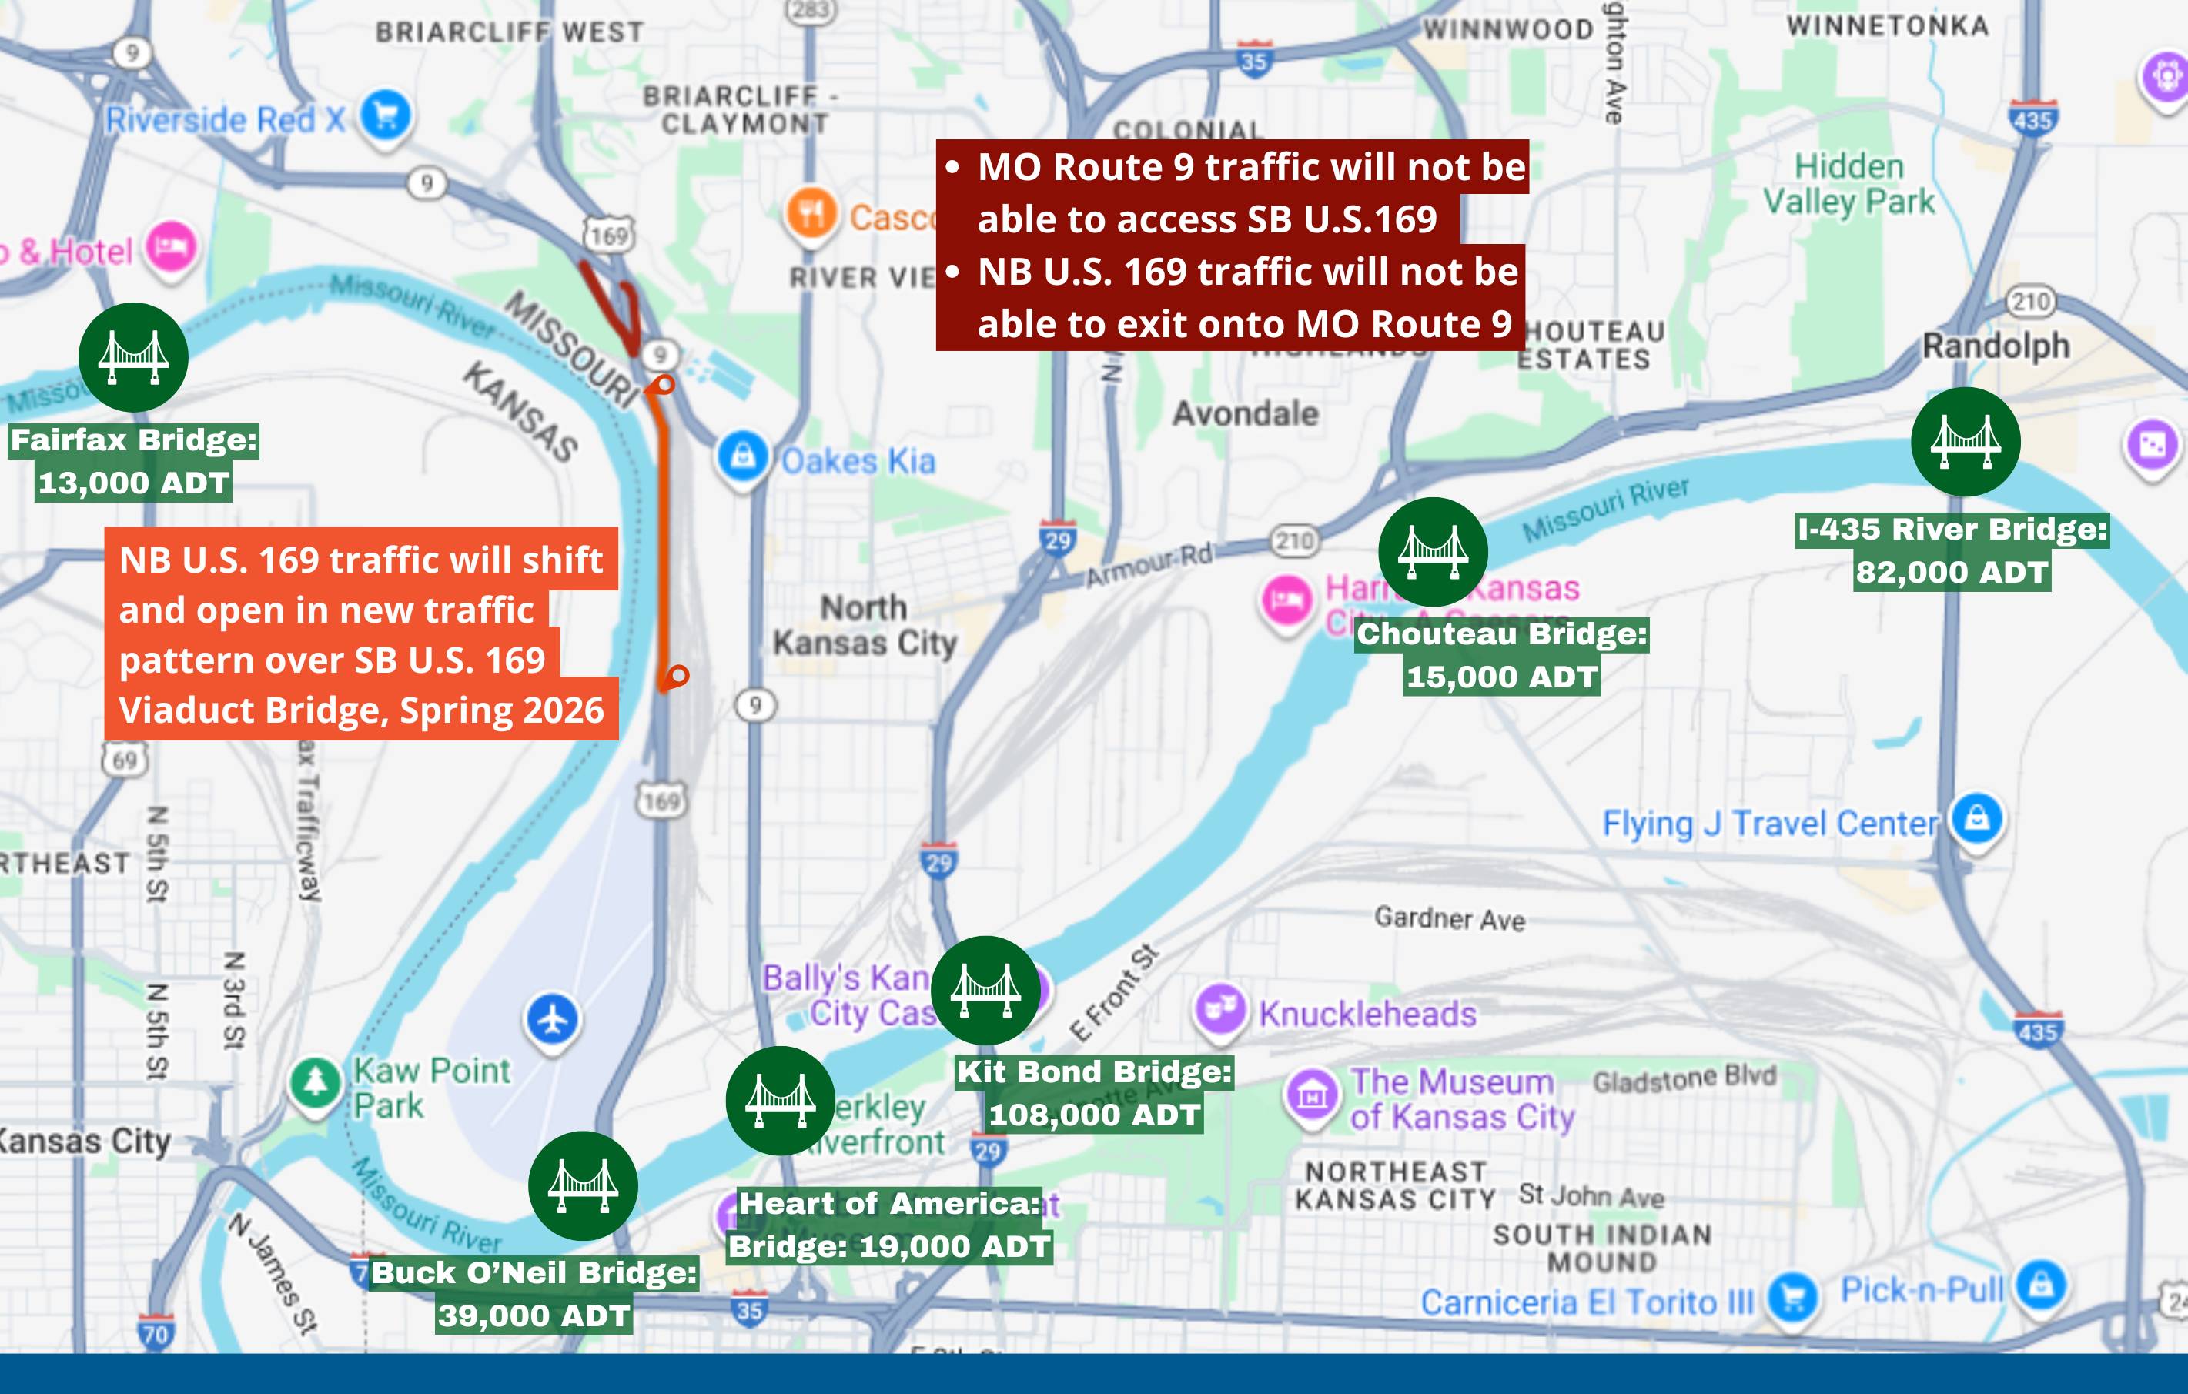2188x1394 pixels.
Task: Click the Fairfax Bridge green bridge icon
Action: point(133,357)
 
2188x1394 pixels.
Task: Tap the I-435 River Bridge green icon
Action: point(1966,442)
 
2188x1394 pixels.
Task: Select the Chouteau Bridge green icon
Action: point(1433,552)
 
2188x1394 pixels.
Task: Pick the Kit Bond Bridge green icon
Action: point(986,991)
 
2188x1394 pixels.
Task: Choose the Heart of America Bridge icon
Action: point(781,1101)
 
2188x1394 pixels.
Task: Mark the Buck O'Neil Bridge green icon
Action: point(584,1186)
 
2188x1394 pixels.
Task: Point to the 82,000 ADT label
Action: point(1952,572)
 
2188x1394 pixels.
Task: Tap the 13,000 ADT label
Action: point(133,483)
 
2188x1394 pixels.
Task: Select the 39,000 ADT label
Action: point(534,1315)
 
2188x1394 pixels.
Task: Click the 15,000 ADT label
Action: point(1501,677)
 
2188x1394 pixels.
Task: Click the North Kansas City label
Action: point(865,625)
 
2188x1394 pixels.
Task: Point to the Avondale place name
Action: point(1245,414)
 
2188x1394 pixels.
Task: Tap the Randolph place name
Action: point(1996,346)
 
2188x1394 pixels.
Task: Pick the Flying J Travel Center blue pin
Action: point(1977,818)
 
